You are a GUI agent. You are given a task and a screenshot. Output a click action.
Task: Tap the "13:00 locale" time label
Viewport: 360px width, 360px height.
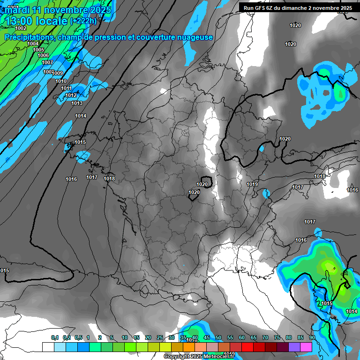tap(36, 21)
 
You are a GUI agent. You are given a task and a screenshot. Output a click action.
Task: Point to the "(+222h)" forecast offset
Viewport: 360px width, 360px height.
tap(83, 21)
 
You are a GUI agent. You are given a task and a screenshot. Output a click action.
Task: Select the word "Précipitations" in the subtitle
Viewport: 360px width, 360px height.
tap(30, 37)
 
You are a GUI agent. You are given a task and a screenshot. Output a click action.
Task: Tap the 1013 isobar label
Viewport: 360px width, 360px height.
tap(77, 103)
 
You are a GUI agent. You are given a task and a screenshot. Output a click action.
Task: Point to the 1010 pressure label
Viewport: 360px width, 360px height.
tap(61, 81)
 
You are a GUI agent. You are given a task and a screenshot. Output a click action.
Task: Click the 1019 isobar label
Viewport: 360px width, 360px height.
tap(252, 184)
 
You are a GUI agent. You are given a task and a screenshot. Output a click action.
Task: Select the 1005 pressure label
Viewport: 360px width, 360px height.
tap(38, 50)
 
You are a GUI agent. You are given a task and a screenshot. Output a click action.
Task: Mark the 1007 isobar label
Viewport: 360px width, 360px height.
tap(47, 62)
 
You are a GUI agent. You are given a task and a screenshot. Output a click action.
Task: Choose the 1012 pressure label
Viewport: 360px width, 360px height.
tap(71, 95)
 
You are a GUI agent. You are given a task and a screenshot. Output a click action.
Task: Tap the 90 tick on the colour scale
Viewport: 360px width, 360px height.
tap(312, 337)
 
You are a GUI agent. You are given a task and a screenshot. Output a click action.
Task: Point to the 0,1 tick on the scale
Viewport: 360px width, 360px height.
tap(55, 337)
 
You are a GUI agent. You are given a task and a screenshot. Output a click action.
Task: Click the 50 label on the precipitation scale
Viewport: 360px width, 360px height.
tap(218, 337)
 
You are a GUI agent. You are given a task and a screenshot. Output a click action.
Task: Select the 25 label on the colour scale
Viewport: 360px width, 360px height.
tap(160, 337)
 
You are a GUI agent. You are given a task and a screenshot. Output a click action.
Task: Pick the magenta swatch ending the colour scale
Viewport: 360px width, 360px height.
tap(306, 347)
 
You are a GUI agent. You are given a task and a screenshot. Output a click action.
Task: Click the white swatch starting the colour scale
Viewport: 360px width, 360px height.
tap(48, 347)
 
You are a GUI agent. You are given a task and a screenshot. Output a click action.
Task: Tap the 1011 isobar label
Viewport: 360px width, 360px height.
tap(66, 88)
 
